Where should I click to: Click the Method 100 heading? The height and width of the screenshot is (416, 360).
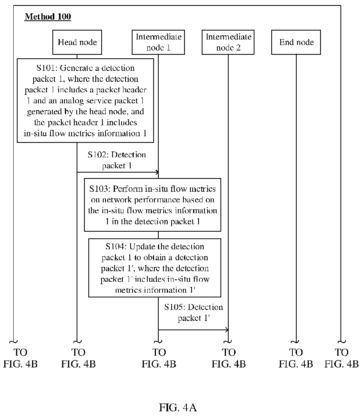coord(48,17)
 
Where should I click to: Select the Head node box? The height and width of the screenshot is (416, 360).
coord(77,42)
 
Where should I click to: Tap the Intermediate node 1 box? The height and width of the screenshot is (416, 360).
coord(158,42)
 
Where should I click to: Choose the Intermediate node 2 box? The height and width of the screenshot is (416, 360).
coord(228,42)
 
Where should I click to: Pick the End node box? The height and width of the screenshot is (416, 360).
coord(296,42)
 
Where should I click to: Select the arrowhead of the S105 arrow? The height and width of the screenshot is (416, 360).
coord(227,330)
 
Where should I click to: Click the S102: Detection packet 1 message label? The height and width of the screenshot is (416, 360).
coord(117,160)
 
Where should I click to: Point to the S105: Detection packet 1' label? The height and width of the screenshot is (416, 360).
coord(193,313)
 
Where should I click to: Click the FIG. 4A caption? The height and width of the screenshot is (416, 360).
coord(178,407)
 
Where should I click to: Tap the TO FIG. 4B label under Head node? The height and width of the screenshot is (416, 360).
coord(79,358)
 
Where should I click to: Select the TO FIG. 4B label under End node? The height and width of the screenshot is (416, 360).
coord(296,358)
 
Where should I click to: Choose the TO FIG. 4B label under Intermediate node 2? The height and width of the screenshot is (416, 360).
coord(229,358)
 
